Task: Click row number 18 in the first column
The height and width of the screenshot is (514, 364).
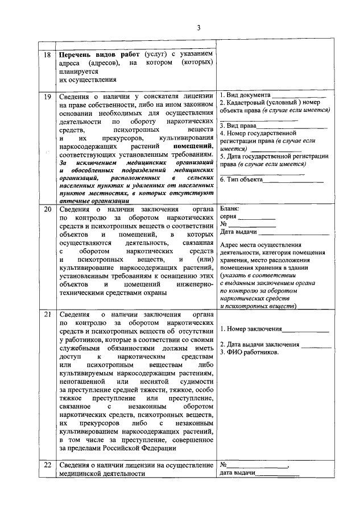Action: [47, 55]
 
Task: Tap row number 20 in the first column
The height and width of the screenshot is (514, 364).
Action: [47, 209]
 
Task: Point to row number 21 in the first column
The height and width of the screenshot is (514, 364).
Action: [47, 314]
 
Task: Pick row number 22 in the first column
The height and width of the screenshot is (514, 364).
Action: [47, 466]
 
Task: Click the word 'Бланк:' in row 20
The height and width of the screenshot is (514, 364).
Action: [230, 208]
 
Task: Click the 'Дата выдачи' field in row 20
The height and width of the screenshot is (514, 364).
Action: [238, 232]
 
